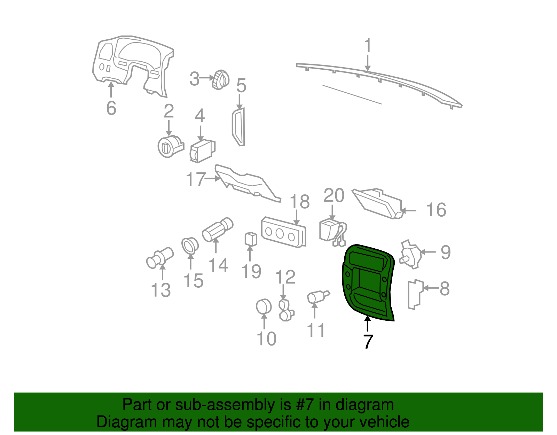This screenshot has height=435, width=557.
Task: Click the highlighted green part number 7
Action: pos(368,282)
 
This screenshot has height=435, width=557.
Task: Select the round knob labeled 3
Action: pos(220,79)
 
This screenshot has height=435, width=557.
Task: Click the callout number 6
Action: pos(111,108)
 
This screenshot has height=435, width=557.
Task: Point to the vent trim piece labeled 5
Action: pos(239,127)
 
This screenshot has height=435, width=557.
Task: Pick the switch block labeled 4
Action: pos(203,151)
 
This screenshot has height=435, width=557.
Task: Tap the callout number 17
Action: pos(196,179)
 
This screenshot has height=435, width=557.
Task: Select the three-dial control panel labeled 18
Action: pos(283,232)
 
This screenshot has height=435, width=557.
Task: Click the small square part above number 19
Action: pos(251,239)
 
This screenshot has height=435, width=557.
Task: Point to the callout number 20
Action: pos(334,195)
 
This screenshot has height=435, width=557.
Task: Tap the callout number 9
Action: pos(446,252)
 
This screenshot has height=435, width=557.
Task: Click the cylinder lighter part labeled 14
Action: pos(218,230)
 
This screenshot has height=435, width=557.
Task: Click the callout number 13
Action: pos(161,290)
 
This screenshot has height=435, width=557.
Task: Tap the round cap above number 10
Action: pos(264,306)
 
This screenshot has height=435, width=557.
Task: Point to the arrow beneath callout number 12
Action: pos(283,292)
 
